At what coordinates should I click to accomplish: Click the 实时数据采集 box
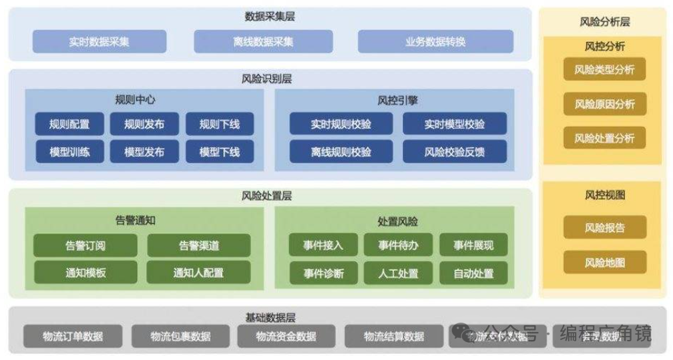tap(99, 41)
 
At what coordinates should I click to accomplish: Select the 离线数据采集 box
tap(262, 41)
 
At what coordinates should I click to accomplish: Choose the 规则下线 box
tap(220, 124)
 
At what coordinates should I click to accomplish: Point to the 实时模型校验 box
tap(454, 124)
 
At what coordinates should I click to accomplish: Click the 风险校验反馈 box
tap(454, 152)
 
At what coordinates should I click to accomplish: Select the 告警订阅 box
tap(85, 246)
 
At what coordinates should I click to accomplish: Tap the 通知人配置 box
tap(198, 273)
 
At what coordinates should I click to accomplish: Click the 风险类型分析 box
tap(604, 69)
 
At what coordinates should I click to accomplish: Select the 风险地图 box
tap(604, 262)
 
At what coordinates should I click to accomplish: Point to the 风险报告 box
tap(604, 228)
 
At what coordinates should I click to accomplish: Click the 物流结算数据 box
tap(394, 336)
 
